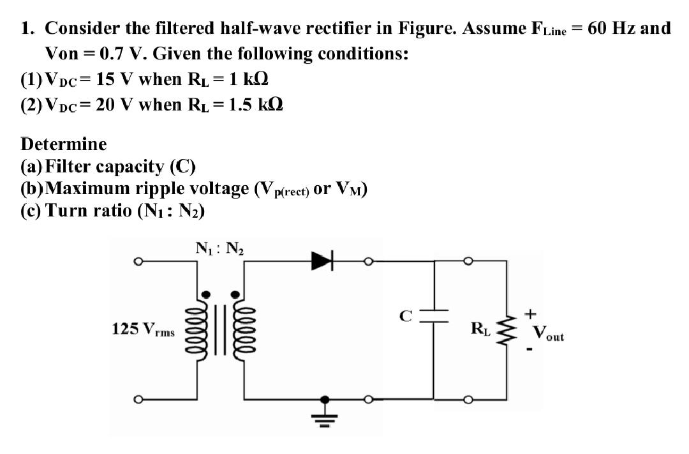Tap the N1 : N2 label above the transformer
click(217, 248)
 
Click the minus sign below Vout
click(530, 349)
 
